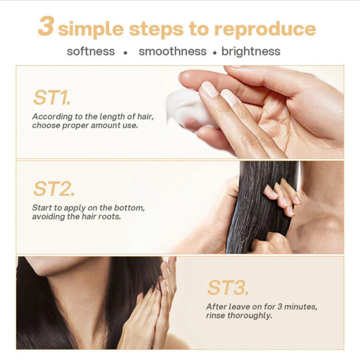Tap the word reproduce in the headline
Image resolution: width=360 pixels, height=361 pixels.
click(265, 29)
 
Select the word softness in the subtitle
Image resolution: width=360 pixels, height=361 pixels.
click(91, 51)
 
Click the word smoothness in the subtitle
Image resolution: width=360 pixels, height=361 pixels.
click(172, 51)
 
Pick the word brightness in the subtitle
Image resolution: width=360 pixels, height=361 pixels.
click(251, 51)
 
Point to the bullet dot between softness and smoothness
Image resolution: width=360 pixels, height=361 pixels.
click(125, 52)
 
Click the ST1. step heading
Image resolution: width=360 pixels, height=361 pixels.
click(52, 97)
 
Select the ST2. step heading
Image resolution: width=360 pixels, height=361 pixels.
click(54, 188)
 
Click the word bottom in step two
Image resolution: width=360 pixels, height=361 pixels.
click(128, 207)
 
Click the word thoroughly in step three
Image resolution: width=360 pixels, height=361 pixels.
click(247, 315)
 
